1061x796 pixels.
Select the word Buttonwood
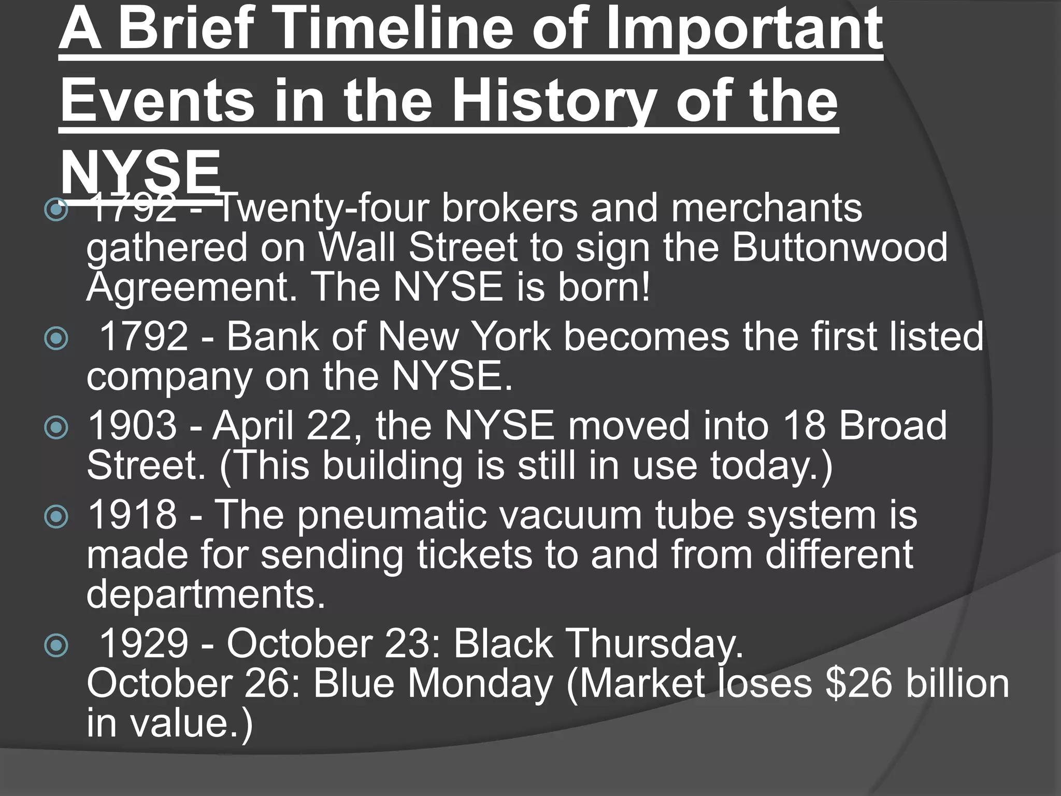click(x=839, y=247)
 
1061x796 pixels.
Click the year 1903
click(x=133, y=425)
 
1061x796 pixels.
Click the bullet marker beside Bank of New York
click(x=56, y=339)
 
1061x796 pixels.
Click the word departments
click(x=206, y=594)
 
